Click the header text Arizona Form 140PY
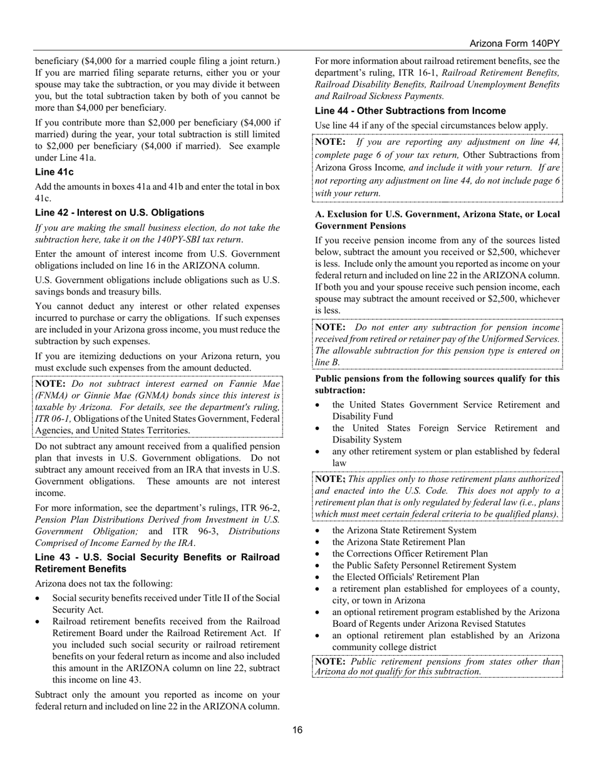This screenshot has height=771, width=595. [x=514, y=43]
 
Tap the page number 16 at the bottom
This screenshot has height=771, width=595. [x=297, y=730]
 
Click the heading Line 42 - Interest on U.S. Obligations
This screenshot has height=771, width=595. [x=119, y=212]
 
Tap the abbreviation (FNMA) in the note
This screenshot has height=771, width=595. [x=54, y=396]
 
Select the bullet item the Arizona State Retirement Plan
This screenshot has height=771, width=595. [x=398, y=542]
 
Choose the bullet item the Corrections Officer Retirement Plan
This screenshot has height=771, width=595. [x=410, y=553]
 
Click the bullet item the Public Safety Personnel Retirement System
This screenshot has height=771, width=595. [x=424, y=565]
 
